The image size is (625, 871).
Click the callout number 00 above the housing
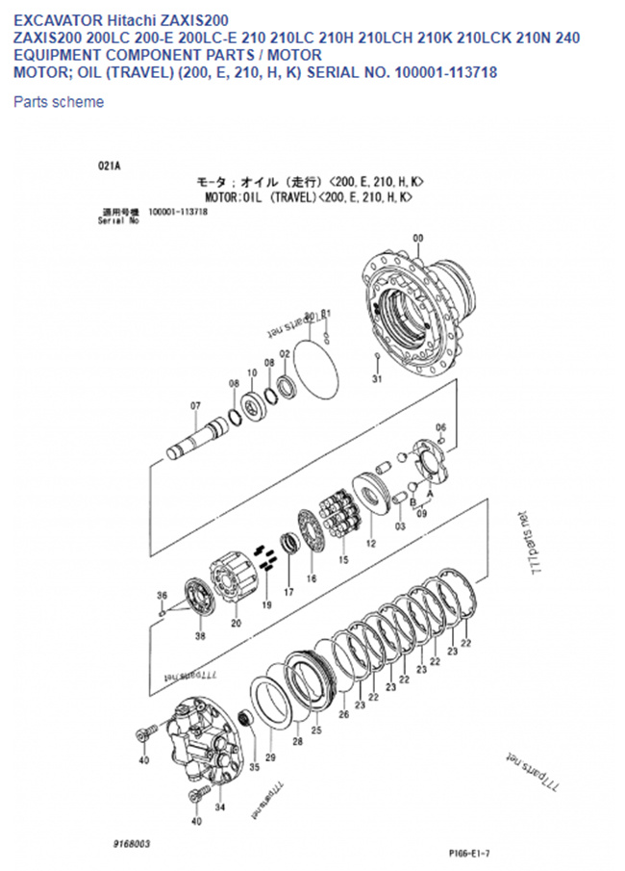[417, 238]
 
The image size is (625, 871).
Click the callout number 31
[377, 379]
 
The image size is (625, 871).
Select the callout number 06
[440, 426]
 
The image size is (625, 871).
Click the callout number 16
[311, 578]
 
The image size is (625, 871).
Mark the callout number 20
[236, 623]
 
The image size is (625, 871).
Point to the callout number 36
[162, 595]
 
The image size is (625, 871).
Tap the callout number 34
[219, 807]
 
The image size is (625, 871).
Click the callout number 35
[254, 767]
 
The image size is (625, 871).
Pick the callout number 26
[343, 713]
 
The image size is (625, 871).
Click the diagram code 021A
[109, 166]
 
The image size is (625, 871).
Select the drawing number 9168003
[131, 843]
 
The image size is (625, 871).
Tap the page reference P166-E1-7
[469, 853]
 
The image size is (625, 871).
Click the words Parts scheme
[59, 102]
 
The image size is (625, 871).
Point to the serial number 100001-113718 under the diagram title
[178, 212]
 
